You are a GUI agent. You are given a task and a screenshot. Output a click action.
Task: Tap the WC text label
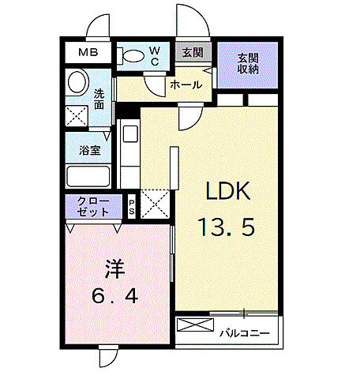pos(155,54)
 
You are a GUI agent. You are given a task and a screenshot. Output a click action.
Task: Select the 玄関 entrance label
pos(192,54)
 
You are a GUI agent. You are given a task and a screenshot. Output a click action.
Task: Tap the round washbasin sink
pos(77,82)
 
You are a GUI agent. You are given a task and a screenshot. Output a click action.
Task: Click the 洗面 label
pos(99,99)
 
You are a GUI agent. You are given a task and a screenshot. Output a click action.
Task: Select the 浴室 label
pos(88,150)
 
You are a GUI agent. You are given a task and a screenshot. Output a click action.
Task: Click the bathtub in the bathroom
pos(88,175)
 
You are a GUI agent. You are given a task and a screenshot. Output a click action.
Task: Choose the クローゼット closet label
pos(93,207)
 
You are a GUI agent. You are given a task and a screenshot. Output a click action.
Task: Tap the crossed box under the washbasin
pos(77,117)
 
